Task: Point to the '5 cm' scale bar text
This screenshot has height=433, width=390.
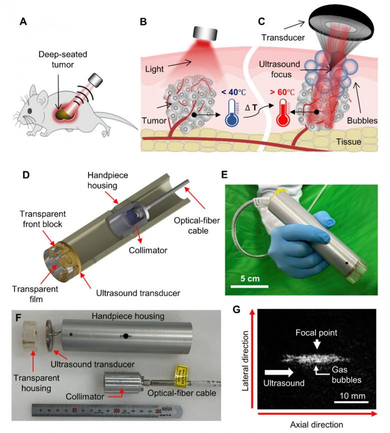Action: point(248,277)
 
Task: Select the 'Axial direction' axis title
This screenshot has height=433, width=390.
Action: point(316,424)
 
